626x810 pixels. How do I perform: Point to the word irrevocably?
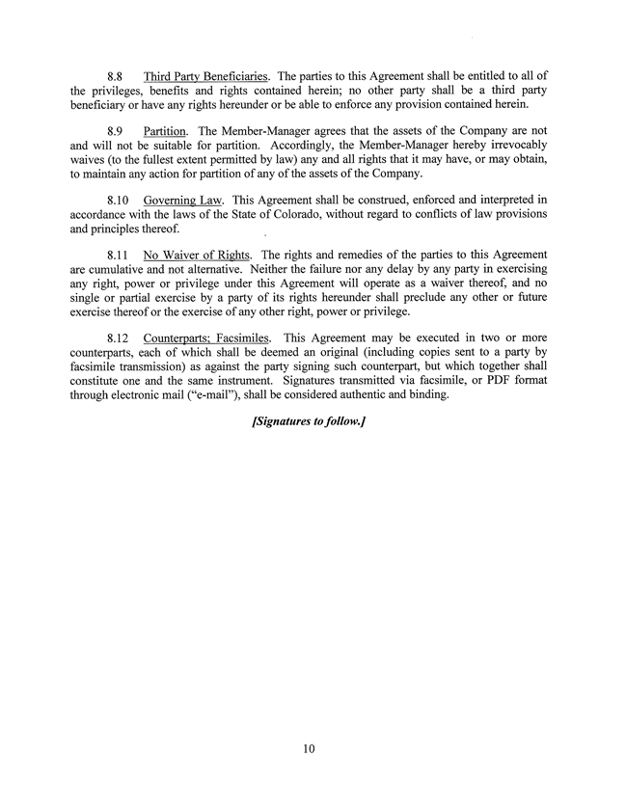tap(517, 145)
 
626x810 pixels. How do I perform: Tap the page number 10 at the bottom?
tap(308, 748)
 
